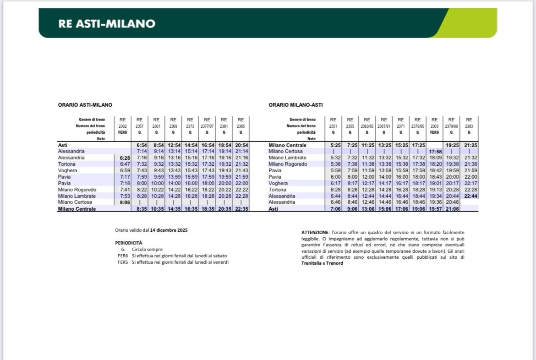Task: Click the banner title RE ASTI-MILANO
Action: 107,24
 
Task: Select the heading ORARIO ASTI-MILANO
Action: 85,105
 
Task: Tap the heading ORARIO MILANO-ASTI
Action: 295,105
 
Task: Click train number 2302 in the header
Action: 122,126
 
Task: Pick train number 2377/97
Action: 207,126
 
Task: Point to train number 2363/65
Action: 367,126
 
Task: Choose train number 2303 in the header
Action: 434,126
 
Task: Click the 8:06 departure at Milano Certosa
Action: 122,202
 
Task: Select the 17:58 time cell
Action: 434,151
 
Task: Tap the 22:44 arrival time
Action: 469,196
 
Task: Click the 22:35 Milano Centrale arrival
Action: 241,209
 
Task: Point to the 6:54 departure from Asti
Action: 139,145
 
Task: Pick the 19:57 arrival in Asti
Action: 434,209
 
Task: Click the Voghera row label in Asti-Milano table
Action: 67,170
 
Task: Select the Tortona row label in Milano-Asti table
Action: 277,190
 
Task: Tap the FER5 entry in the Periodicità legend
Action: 122,262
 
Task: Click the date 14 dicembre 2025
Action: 169,230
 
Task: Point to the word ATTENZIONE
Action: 315,233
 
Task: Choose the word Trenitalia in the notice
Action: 311,263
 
